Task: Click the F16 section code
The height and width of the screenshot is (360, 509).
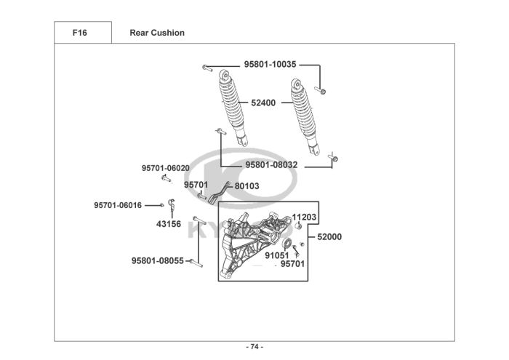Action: [x=79, y=33]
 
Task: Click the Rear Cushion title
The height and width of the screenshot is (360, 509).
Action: [x=157, y=33]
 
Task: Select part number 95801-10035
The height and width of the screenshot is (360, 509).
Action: [x=270, y=64]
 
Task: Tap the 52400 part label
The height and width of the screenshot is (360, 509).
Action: [x=263, y=103]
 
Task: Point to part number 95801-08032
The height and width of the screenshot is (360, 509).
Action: [x=271, y=165]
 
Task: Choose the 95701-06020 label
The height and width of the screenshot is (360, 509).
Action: [x=166, y=168]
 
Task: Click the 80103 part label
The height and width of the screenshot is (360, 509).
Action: [x=247, y=186]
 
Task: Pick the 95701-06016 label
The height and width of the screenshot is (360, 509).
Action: [x=118, y=205]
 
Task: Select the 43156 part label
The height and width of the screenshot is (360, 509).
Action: [x=169, y=224]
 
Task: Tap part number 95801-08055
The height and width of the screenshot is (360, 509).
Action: [x=158, y=260]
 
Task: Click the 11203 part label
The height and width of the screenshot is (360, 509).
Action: [x=304, y=217]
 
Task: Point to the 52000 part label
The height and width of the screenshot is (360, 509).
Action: [x=329, y=237]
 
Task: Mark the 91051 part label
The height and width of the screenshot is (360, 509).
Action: [x=276, y=255]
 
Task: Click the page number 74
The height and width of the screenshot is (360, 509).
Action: [x=254, y=347]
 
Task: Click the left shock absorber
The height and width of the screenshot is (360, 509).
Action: [x=232, y=107]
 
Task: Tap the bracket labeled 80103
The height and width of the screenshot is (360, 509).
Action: [x=219, y=193]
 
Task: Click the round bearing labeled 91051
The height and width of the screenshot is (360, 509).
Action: [x=286, y=243]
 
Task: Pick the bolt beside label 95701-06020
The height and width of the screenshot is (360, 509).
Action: [x=166, y=178]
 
